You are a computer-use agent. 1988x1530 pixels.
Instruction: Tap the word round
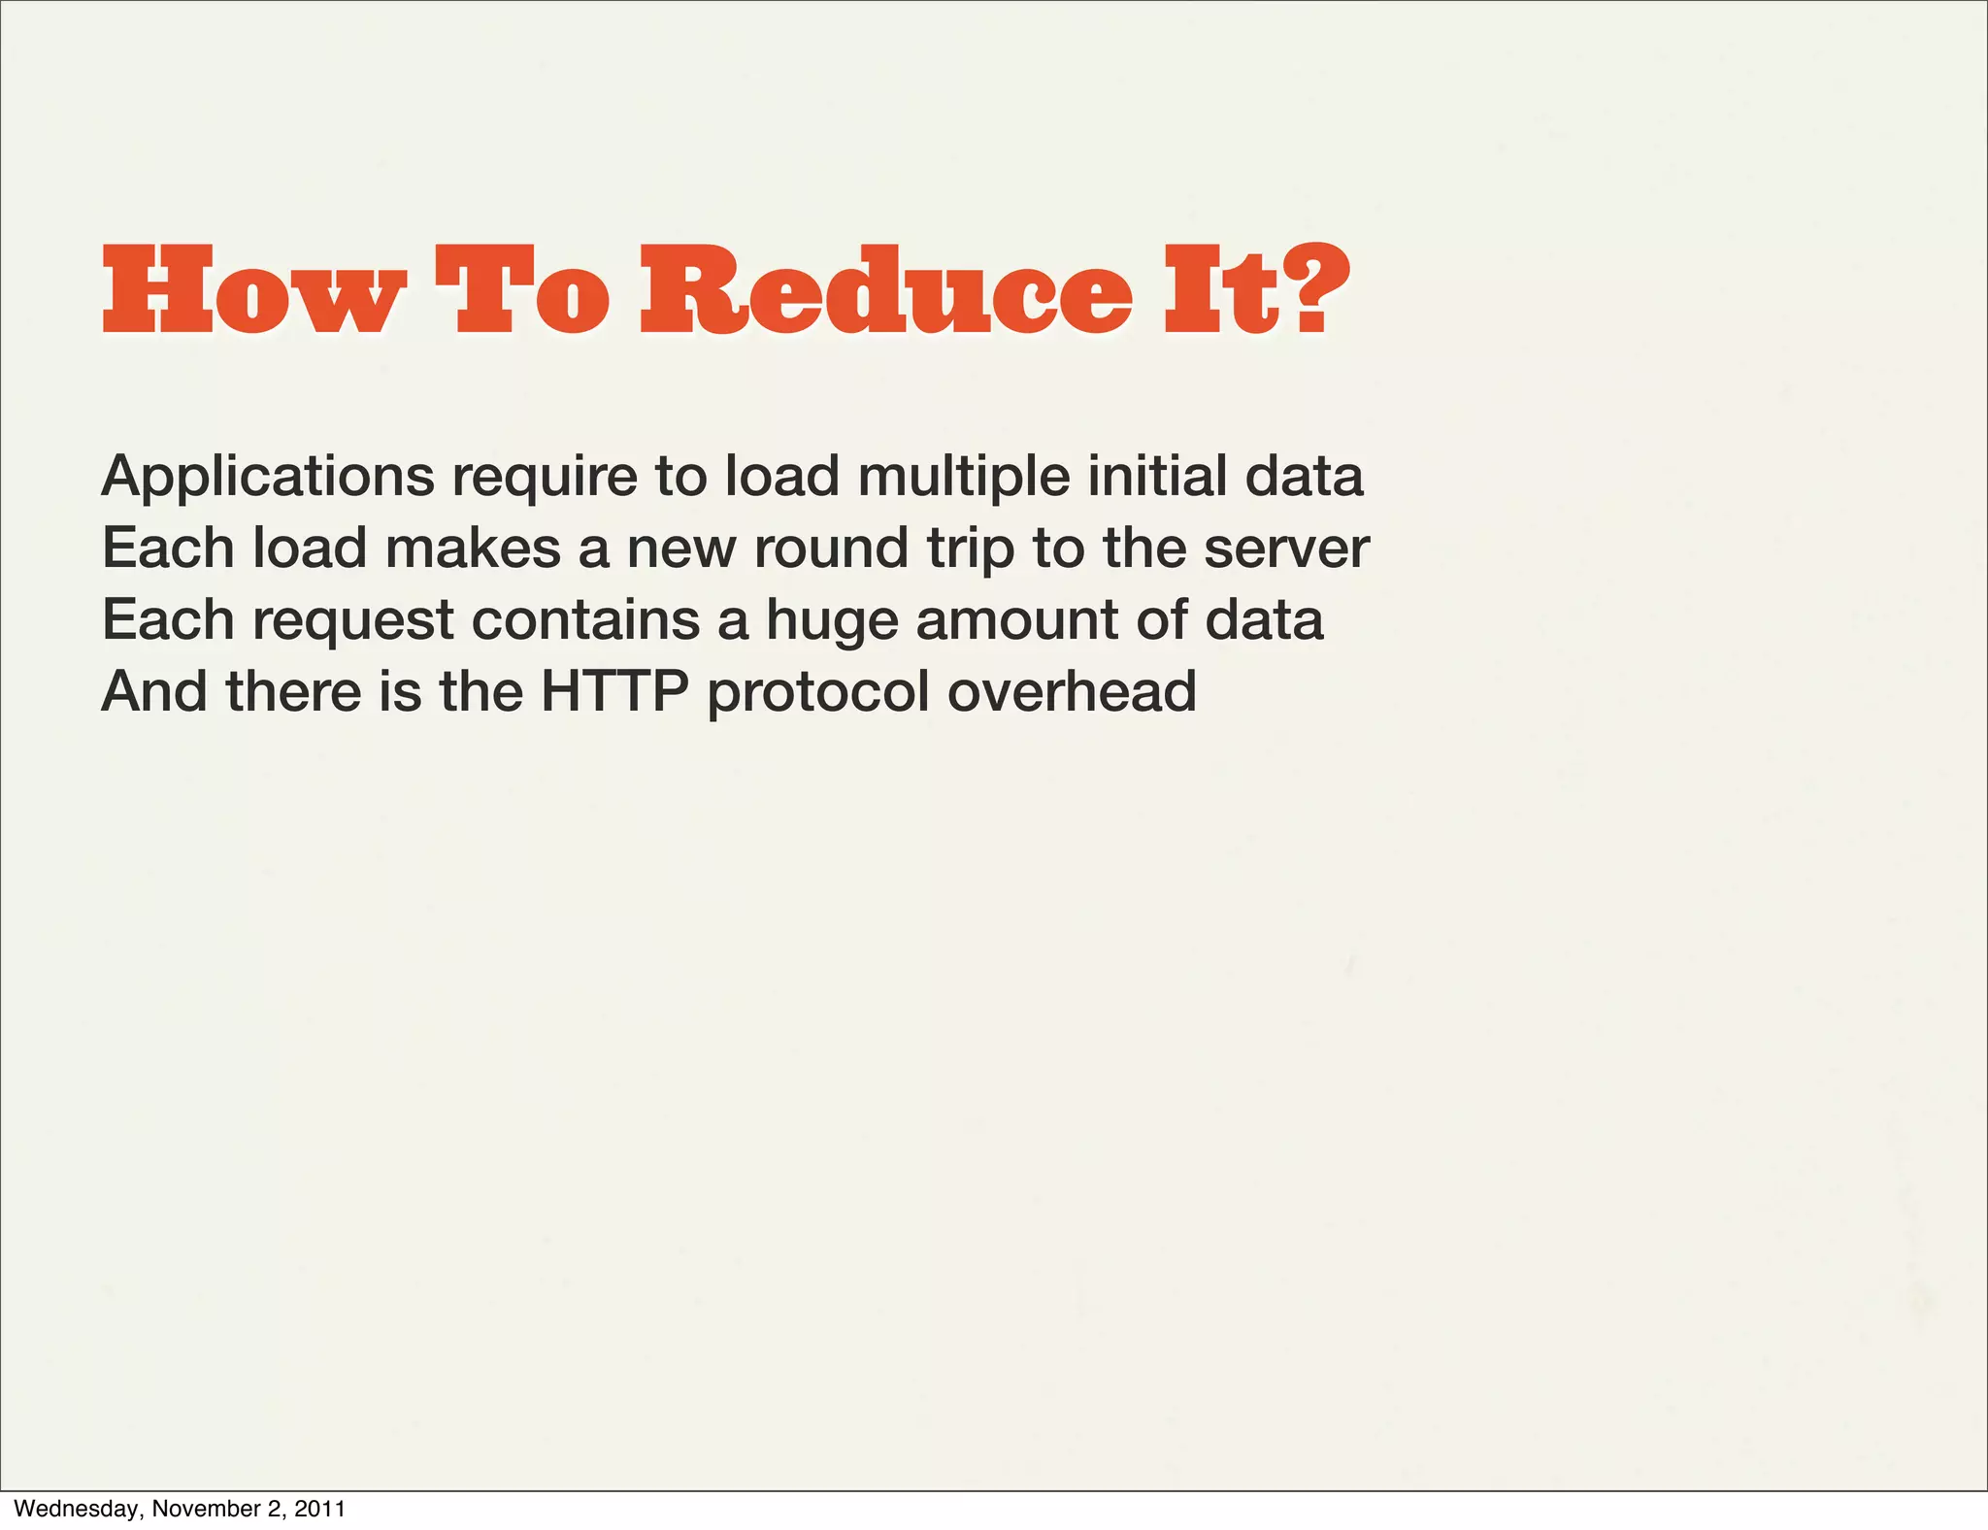[x=831, y=549]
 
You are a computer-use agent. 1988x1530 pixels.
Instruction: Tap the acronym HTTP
[x=614, y=691]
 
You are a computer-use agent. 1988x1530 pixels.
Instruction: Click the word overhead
[x=1072, y=691]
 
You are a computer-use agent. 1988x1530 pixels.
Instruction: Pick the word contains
[x=585, y=620]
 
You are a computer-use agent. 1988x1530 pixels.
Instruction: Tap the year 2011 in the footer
[x=319, y=1509]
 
